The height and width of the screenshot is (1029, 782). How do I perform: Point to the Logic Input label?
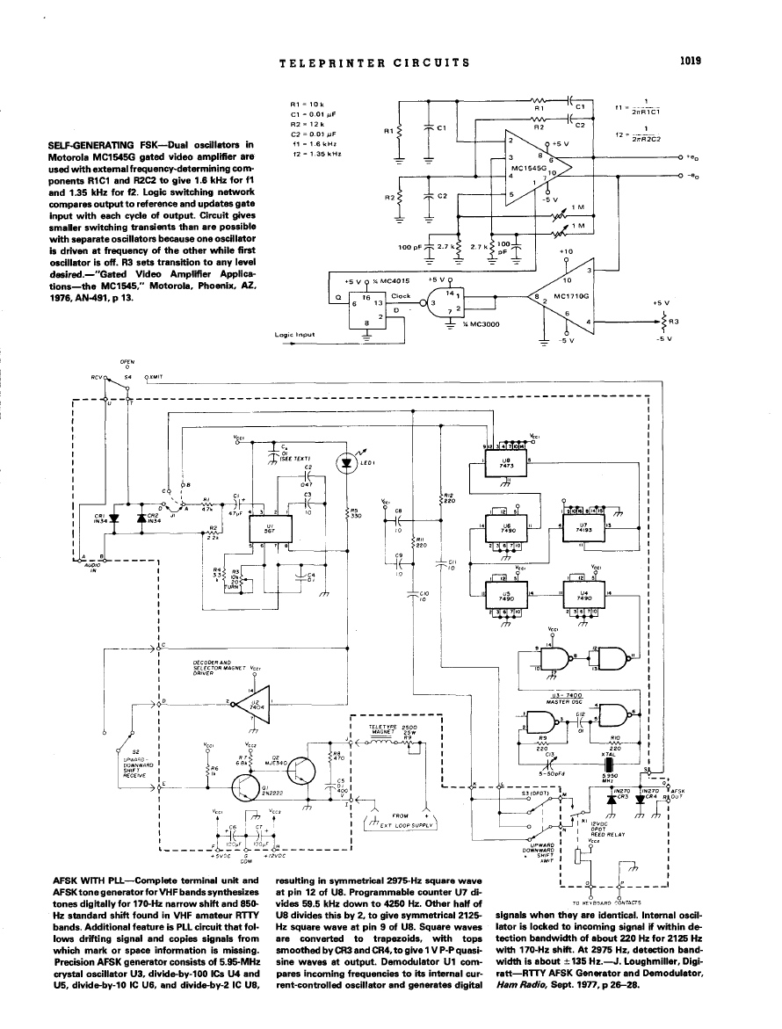click(x=294, y=335)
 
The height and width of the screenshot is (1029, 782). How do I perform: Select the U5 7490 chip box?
click(x=506, y=594)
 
